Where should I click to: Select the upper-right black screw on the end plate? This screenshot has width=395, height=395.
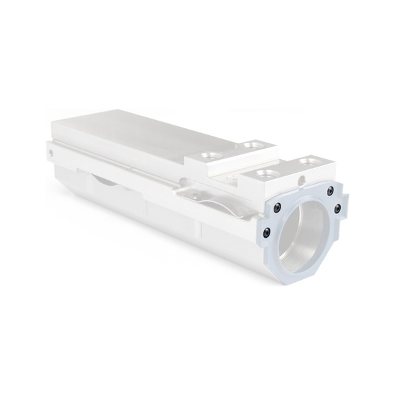tap(331, 189)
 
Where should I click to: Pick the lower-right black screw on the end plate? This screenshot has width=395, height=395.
tap(337, 211)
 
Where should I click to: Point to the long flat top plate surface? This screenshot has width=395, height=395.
tap(137, 137)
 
